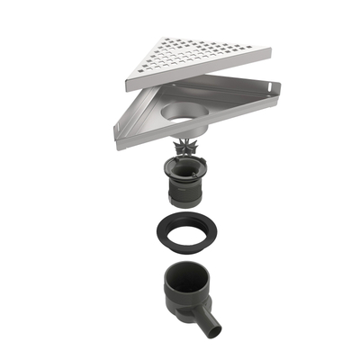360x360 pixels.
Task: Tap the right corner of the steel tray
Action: point(278,85)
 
